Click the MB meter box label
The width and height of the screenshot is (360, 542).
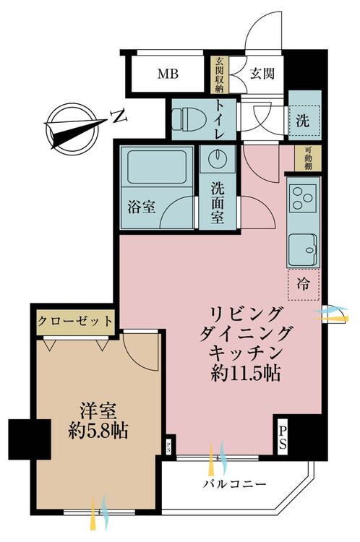pyautogui.click(x=168, y=74)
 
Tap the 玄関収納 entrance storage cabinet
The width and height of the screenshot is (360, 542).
pyautogui.click(x=220, y=74)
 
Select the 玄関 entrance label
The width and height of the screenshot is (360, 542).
pyautogui.click(x=262, y=73)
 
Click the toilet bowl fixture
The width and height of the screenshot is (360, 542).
pyautogui.click(x=189, y=119)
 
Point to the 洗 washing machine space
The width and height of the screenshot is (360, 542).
pyautogui.click(x=304, y=121)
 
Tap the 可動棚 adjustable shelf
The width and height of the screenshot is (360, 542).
pyautogui.click(x=308, y=158)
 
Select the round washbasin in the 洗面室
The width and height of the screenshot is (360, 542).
pyautogui.click(x=218, y=158)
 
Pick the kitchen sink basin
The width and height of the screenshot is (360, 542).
pyautogui.click(x=303, y=250)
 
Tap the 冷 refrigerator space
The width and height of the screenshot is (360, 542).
pyautogui.click(x=304, y=285)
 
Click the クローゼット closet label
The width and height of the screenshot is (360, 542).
pyautogui.click(x=75, y=321)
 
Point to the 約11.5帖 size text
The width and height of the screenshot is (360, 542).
pyautogui.click(x=245, y=373)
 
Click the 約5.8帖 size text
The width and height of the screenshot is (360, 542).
pyautogui.click(x=98, y=431)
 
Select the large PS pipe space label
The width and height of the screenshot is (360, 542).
pyautogui.click(x=283, y=437)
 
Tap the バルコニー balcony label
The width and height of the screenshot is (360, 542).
pyautogui.click(x=234, y=483)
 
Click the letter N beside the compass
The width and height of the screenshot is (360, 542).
pyautogui.click(x=119, y=116)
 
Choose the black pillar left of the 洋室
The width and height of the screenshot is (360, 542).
pyautogui.click(x=30, y=439)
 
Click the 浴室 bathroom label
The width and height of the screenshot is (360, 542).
pyautogui.click(x=142, y=207)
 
